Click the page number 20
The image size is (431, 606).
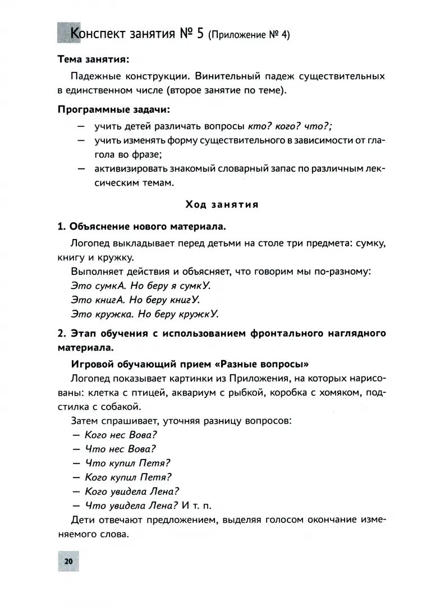click(x=68, y=561)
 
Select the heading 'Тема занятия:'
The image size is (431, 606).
click(x=94, y=59)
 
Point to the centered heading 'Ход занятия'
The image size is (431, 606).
click(x=222, y=204)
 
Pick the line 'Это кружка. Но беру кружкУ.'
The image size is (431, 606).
click(x=145, y=314)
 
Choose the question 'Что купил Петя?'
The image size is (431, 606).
click(x=127, y=463)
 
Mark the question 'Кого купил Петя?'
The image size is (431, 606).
click(x=128, y=478)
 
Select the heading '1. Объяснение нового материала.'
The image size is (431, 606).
click(x=142, y=227)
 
